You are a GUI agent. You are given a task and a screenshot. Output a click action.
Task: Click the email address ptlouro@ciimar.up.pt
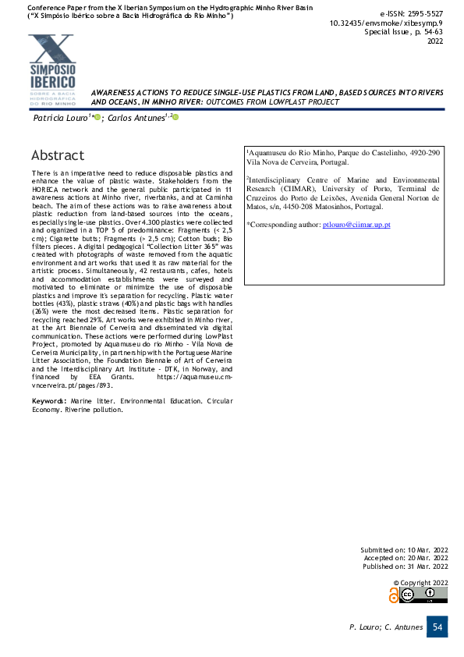(x=356, y=225)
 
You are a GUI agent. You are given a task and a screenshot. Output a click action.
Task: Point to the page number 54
(x=437, y=627)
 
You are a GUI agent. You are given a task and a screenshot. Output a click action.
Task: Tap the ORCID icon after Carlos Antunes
(x=176, y=117)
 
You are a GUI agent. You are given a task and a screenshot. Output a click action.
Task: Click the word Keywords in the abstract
(x=48, y=400)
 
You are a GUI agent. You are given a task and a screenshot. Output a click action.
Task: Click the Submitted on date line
(x=404, y=549)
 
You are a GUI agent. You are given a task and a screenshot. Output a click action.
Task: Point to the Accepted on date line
(x=406, y=558)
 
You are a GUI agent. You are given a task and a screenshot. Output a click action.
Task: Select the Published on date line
(x=405, y=566)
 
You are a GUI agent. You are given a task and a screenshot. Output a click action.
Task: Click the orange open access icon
(x=393, y=595)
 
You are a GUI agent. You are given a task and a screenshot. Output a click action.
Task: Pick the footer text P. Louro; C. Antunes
(x=385, y=627)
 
